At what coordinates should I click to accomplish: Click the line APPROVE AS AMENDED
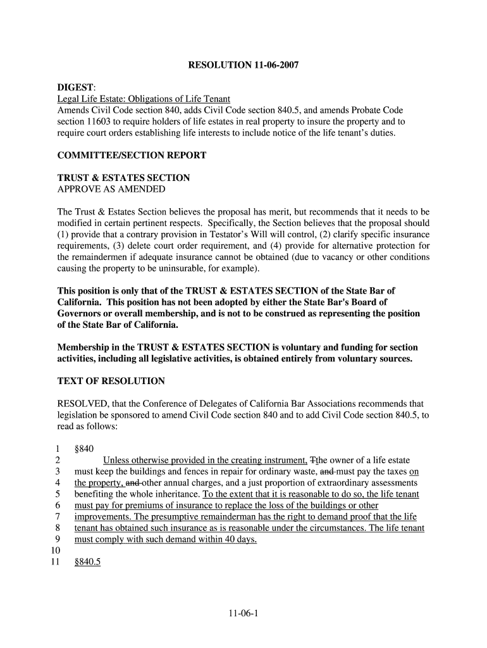coord(111,189)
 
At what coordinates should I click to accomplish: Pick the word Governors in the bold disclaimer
coord(81,314)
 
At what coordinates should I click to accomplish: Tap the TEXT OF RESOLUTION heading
coord(111,382)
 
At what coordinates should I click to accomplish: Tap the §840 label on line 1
coord(84,449)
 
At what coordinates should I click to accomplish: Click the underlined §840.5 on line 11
coord(87,562)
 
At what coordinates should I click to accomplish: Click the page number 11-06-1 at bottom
coord(244,613)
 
